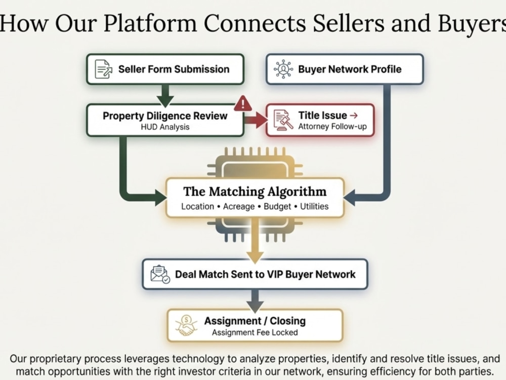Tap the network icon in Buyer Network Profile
tap(283, 69)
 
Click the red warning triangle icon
tap(243, 103)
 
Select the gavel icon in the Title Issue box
tap(283, 120)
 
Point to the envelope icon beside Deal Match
tap(160, 274)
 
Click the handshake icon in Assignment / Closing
tap(186, 325)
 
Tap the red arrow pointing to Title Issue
tap(255, 120)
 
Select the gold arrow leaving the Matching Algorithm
tap(255, 240)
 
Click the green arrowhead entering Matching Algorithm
tap(161, 197)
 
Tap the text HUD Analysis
tap(165, 127)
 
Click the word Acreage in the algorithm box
tap(239, 207)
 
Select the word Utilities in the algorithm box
tap(314, 206)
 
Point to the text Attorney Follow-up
tap(332, 126)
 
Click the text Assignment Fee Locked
tap(255, 332)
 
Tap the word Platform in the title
tap(150, 23)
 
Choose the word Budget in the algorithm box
tap(277, 207)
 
